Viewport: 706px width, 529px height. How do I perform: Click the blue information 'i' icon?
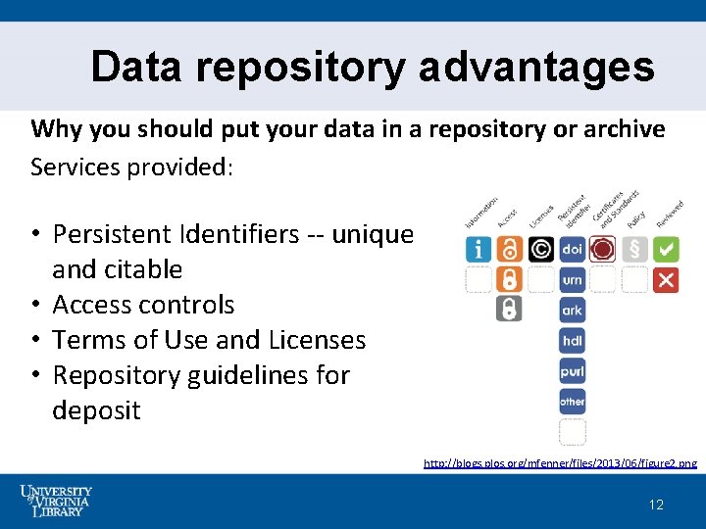[x=478, y=250]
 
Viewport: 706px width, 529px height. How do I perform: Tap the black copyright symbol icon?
[x=540, y=250]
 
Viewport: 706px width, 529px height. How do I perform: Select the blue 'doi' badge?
[x=573, y=250]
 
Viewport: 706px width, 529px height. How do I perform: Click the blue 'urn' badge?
[x=573, y=280]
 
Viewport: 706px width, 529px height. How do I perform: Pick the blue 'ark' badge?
[x=573, y=311]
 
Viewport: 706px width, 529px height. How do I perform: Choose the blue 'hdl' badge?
[x=573, y=341]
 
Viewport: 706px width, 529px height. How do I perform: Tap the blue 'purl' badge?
[x=573, y=371]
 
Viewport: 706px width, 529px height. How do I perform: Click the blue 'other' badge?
[x=573, y=402]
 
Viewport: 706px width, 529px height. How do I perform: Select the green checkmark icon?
[x=666, y=250]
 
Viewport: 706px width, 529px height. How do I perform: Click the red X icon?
[x=666, y=280]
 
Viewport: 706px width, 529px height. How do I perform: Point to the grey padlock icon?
[x=509, y=310]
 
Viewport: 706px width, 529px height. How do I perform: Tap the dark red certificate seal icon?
[x=603, y=250]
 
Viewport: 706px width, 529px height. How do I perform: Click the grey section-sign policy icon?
[x=634, y=250]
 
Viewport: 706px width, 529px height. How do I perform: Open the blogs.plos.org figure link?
[x=560, y=462]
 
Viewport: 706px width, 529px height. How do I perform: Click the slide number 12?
[x=656, y=505]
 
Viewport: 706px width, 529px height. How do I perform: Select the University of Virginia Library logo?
[x=57, y=500]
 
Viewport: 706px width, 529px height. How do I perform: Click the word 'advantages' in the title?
[x=536, y=68]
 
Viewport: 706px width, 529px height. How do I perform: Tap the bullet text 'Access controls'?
[x=143, y=305]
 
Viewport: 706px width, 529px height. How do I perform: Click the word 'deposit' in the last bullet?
[x=96, y=410]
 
